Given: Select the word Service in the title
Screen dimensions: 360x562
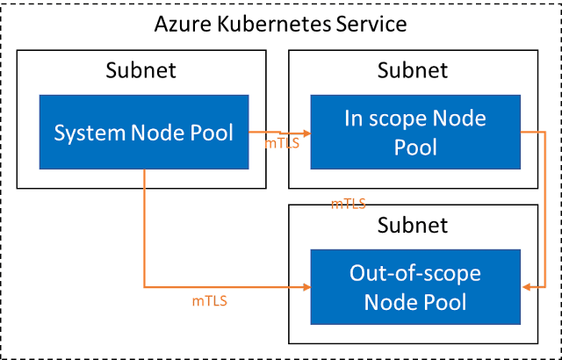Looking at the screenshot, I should [369, 24].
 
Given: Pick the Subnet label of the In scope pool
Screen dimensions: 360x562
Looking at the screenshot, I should [413, 70].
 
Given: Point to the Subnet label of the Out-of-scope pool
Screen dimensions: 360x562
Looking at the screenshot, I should [413, 225].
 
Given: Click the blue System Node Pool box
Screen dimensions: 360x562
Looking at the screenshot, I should [144, 133].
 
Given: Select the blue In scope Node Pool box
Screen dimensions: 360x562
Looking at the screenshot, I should [413, 133].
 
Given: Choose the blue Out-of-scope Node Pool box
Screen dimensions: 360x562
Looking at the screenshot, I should [413, 288].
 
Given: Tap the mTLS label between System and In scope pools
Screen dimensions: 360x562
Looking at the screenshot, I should [282, 142].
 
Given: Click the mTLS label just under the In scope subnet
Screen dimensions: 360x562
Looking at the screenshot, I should [348, 204].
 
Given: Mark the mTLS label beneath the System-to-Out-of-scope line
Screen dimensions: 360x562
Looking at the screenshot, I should [209, 301].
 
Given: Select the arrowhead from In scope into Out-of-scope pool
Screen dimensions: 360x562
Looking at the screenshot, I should [528, 287].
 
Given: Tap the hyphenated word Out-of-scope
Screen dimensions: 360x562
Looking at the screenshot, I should [413, 273].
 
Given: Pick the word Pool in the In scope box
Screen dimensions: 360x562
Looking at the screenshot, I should [413, 147].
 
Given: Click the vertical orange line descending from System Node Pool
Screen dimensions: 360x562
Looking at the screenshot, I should [144, 228].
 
